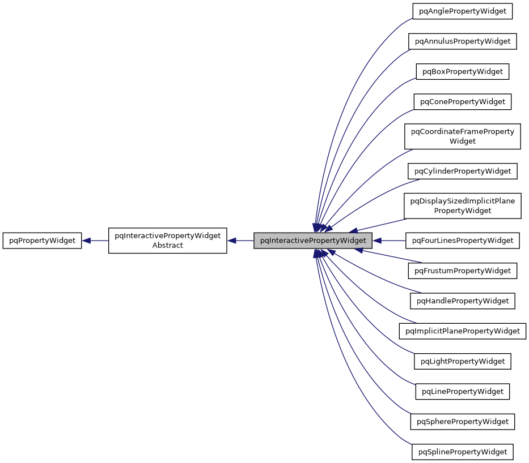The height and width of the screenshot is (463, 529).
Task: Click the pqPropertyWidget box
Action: [x=43, y=241]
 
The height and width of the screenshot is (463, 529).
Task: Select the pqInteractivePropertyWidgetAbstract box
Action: [x=167, y=241]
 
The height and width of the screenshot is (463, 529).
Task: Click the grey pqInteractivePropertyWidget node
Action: [x=313, y=241]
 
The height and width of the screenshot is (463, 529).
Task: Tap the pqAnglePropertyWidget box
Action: [x=462, y=11]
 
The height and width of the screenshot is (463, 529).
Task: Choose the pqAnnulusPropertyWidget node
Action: [x=462, y=41]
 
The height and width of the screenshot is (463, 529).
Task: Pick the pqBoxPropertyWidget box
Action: [x=462, y=71]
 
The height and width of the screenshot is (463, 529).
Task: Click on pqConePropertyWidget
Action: [x=462, y=102]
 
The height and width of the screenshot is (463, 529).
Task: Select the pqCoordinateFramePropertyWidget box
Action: [x=462, y=136]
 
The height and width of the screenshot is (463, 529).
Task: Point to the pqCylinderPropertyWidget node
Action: [x=462, y=171]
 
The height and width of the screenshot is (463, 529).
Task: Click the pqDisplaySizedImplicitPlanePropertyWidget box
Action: [x=462, y=206]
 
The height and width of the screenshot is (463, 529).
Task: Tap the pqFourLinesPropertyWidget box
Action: [x=462, y=241]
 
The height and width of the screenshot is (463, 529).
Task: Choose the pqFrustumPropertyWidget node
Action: [x=462, y=271]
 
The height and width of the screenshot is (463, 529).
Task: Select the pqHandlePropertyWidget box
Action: [x=462, y=301]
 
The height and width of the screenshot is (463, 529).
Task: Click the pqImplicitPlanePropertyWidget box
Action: [x=462, y=331]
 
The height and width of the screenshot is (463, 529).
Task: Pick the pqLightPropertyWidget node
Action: [x=462, y=361]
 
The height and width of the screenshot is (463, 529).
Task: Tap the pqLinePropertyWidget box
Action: [x=462, y=391]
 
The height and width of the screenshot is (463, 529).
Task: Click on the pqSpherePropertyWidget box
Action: [x=462, y=422]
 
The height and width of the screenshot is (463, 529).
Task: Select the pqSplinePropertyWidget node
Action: [x=462, y=452]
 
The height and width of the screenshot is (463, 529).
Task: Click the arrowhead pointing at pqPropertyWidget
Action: [x=87, y=241]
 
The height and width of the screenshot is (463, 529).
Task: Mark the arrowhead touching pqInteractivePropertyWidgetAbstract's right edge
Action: [x=232, y=241]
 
